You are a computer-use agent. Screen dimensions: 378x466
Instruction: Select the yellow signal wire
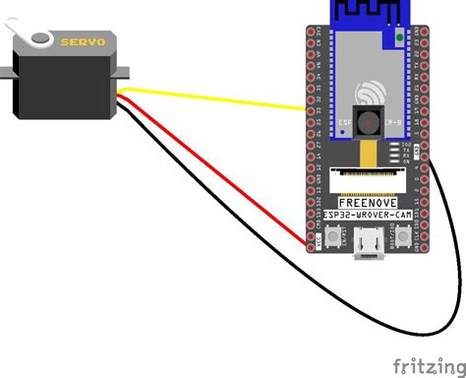[x=216, y=96]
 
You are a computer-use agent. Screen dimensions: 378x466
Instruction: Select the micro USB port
[x=370, y=241]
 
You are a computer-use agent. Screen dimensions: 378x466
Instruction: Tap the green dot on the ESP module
[x=399, y=36]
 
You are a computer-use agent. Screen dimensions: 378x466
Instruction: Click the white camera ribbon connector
[x=369, y=178]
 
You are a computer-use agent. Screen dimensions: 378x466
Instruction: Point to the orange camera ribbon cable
[x=369, y=153]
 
